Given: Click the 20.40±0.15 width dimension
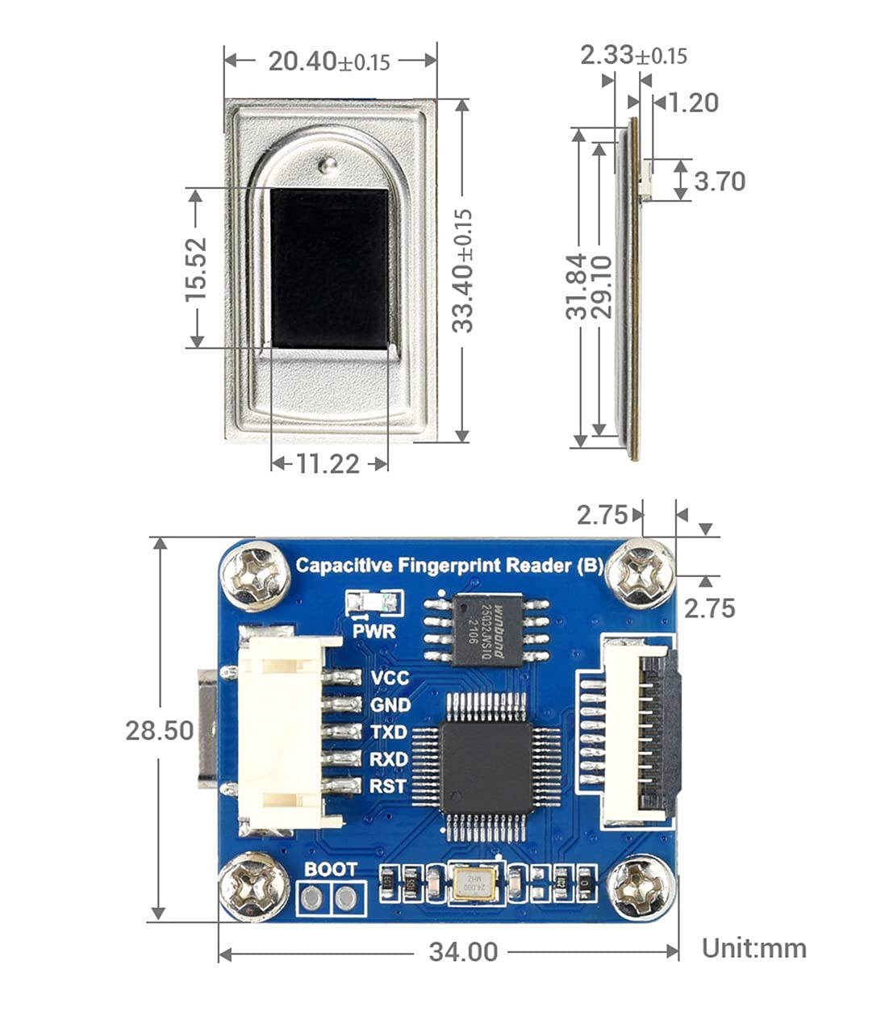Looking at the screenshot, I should (x=329, y=61).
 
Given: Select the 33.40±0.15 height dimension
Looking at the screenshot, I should (x=462, y=270).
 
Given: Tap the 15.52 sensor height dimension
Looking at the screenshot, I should (x=196, y=269).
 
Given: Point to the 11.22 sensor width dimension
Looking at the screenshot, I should (x=328, y=463).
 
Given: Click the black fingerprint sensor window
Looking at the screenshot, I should (x=329, y=268).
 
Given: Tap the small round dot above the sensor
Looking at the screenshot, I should (x=327, y=166).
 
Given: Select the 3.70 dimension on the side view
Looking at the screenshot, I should (x=720, y=181).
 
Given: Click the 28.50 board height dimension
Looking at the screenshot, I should (x=159, y=730).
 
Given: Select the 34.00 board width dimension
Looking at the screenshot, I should (x=463, y=951).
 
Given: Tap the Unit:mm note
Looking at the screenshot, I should (x=753, y=947).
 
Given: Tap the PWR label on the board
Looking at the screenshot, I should (x=374, y=630).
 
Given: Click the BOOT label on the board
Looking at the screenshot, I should (x=331, y=869).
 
